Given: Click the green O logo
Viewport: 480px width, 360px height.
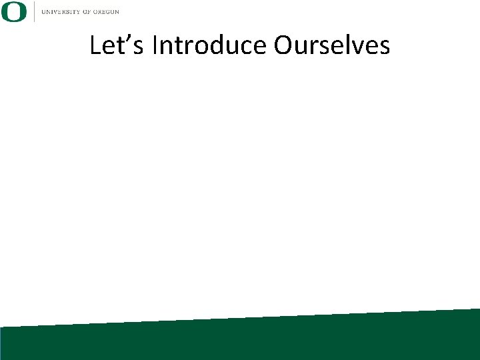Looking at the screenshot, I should point(14,11).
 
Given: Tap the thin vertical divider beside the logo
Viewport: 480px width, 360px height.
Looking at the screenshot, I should point(34,11).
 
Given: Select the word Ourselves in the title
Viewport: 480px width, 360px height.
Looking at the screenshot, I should point(331,46).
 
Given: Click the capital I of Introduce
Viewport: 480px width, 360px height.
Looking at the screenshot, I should point(155,46).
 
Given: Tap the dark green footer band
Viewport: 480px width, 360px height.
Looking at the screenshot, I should point(240,340).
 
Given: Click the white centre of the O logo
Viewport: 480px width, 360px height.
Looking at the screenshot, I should point(14,11).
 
